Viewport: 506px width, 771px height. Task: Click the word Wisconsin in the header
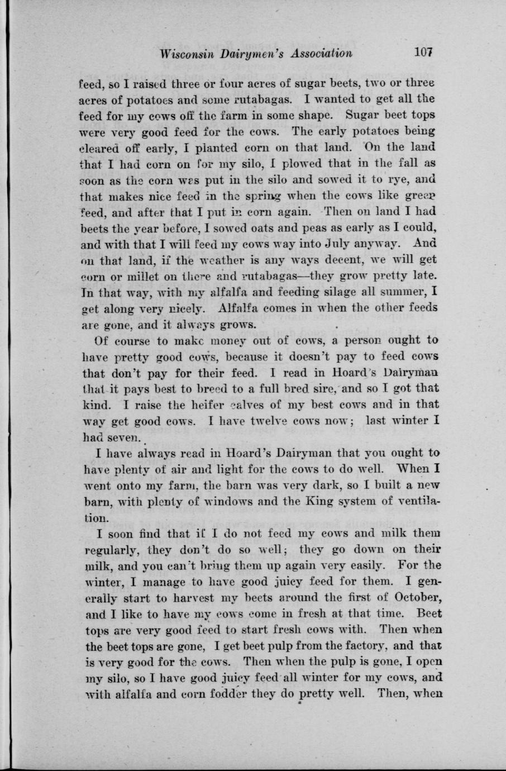point(187,54)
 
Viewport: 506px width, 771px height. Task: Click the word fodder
point(295,693)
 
